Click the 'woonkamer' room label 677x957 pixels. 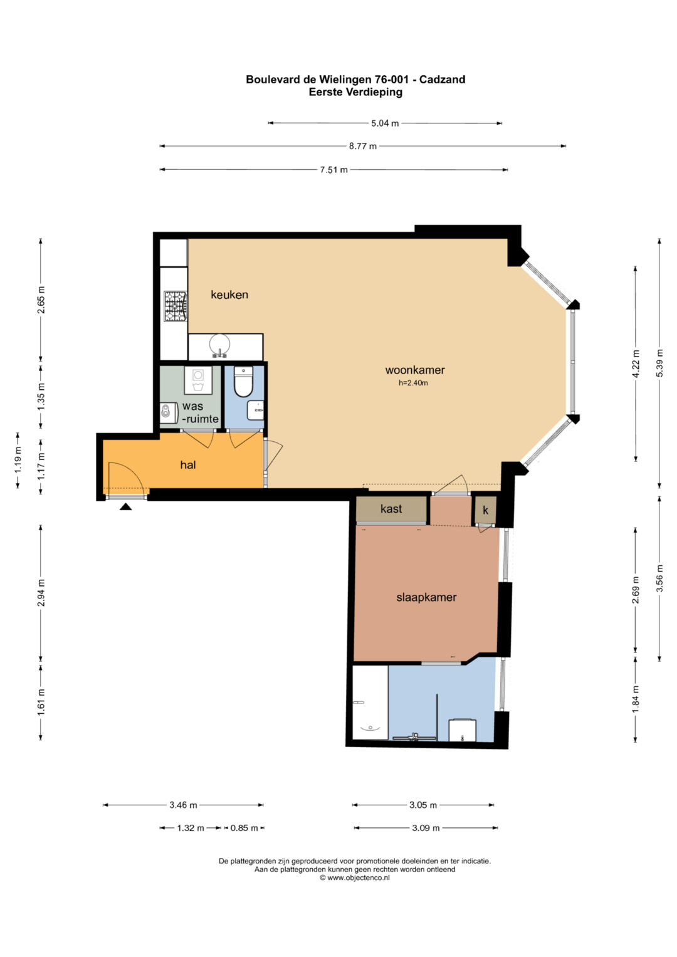[414, 370]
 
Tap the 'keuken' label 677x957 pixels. [229, 295]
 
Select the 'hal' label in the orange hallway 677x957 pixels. [187, 464]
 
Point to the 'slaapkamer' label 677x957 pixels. [426, 597]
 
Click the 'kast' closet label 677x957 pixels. [391, 508]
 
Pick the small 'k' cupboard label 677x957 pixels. [486, 510]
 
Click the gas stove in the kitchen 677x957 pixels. [176, 306]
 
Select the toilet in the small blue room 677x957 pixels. [244, 382]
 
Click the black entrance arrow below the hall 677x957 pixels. [125, 506]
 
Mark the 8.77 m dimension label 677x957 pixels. [362, 146]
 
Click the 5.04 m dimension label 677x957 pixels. [385, 123]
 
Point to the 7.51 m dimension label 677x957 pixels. [333, 170]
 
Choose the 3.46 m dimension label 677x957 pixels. [183, 805]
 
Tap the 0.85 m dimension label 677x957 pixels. [244, 828]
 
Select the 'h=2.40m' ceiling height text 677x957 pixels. [413, 383]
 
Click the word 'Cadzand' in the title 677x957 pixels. [443, 80]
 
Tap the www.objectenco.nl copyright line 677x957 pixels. [355, 878]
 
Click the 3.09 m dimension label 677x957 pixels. [426, 828]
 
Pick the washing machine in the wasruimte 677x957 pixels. [198, 380]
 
